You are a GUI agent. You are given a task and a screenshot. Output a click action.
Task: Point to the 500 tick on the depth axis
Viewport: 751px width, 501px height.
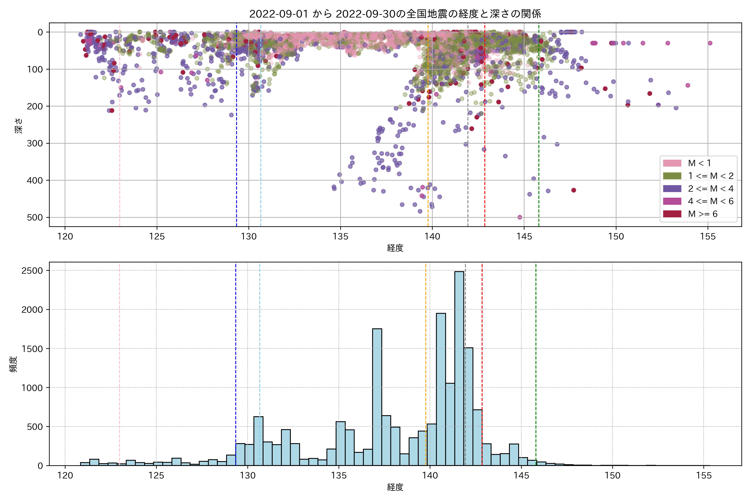[35, 218]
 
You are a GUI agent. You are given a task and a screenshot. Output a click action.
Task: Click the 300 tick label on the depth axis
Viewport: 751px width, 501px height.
[35, 143]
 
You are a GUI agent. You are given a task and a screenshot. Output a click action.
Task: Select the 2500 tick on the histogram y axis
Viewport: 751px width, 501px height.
[32, 271]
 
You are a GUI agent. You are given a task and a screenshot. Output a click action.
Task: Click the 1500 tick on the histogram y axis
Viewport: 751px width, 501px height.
[32, 349]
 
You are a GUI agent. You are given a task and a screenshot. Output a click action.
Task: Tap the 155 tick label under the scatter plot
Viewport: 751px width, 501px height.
[708, 237]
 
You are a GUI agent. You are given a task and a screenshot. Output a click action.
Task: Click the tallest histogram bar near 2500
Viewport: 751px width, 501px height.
[459, 367]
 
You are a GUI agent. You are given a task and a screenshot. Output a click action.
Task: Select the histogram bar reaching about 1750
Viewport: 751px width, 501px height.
[377, 396]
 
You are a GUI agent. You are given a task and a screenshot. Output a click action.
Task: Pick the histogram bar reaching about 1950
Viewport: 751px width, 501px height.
[441, 390]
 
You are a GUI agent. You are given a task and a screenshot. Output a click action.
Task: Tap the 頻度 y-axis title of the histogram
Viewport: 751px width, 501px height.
[13, 364]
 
